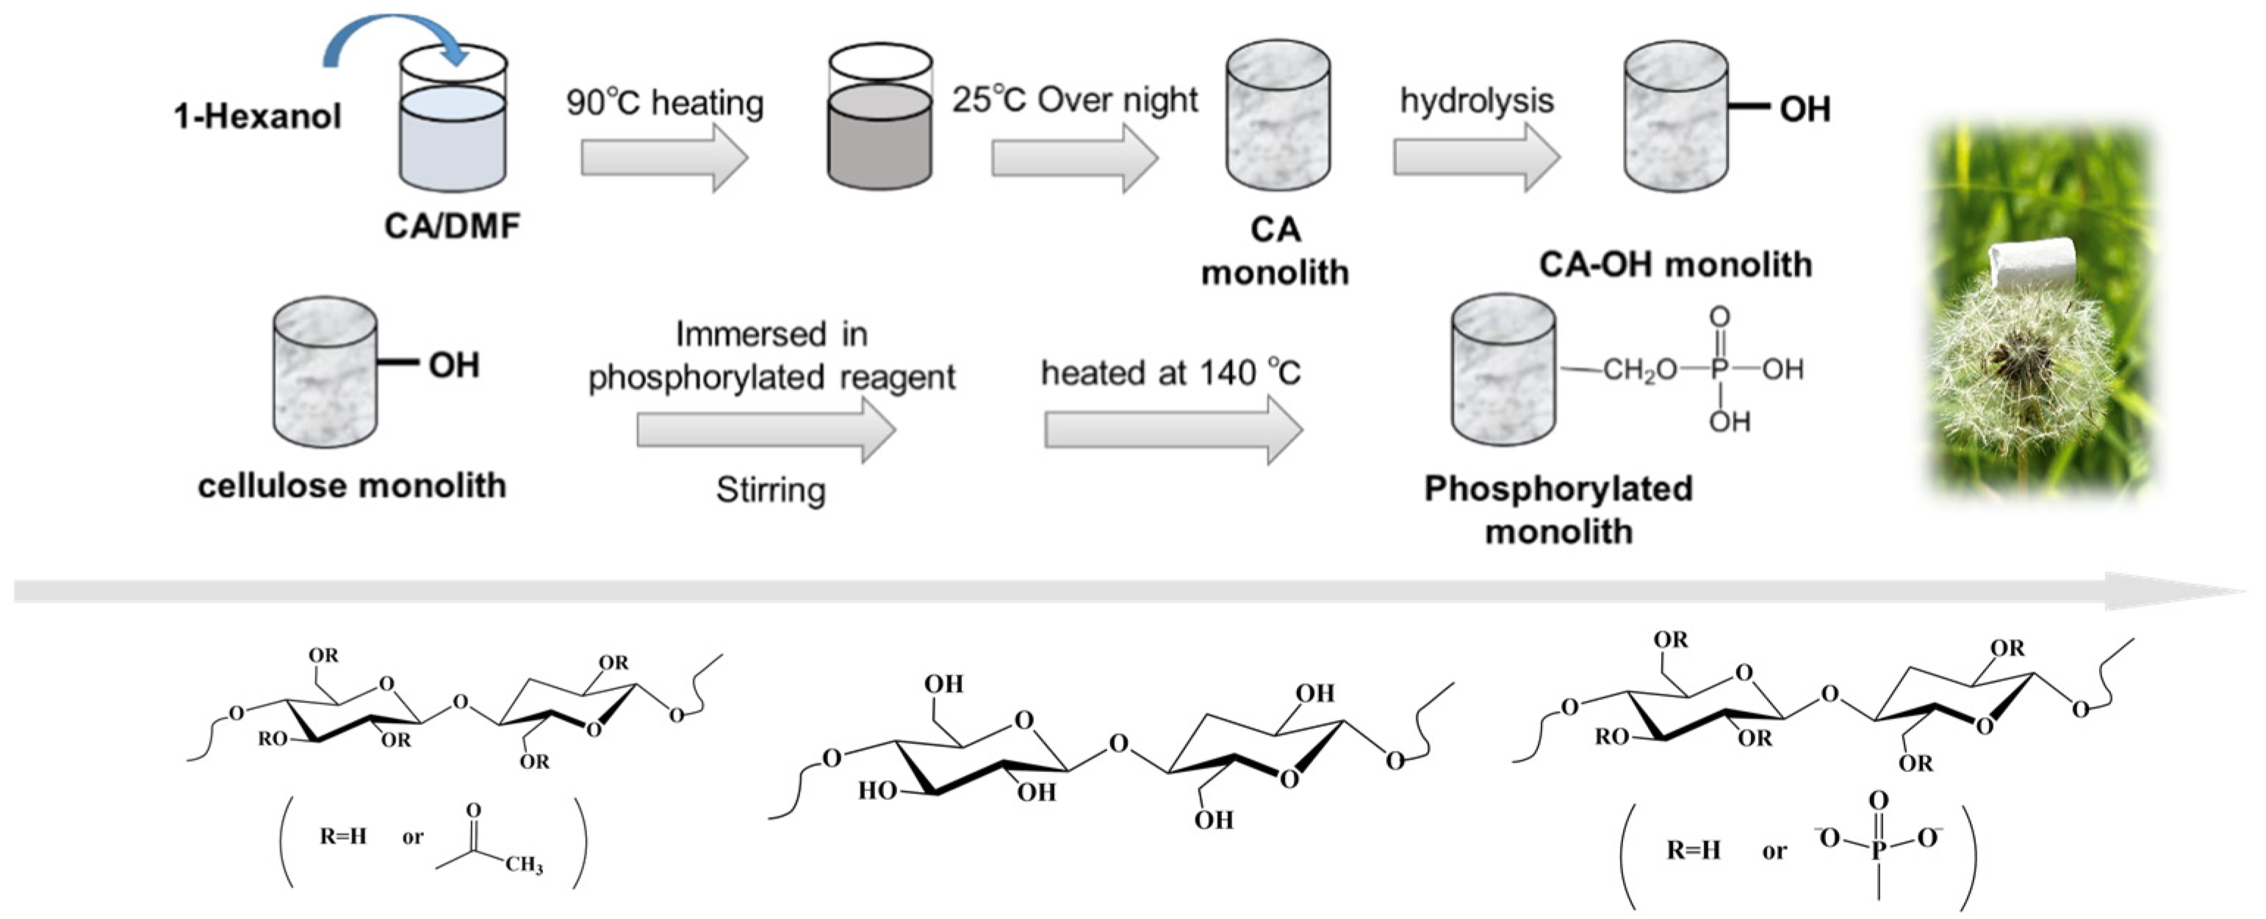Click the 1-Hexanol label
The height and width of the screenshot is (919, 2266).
pos(257,116)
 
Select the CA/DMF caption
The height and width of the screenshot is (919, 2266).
pos(452,226)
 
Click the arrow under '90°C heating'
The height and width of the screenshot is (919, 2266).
pos(664,157)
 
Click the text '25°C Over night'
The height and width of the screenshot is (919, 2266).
pos(1074,100)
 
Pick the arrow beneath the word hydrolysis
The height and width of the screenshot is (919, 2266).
pos(1476,157)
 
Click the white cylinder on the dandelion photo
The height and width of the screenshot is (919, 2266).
pos(2030,264)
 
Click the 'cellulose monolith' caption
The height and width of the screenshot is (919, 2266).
pos(352,486)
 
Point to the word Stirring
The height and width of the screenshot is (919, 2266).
pos(771,490)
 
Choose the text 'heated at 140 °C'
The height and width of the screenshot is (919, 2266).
pos(1170,373)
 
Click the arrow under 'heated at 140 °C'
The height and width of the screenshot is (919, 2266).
pos(1173,430)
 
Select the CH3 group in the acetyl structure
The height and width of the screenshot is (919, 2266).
pos(525,865)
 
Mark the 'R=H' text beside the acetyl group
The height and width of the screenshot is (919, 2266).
pos(342,836)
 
